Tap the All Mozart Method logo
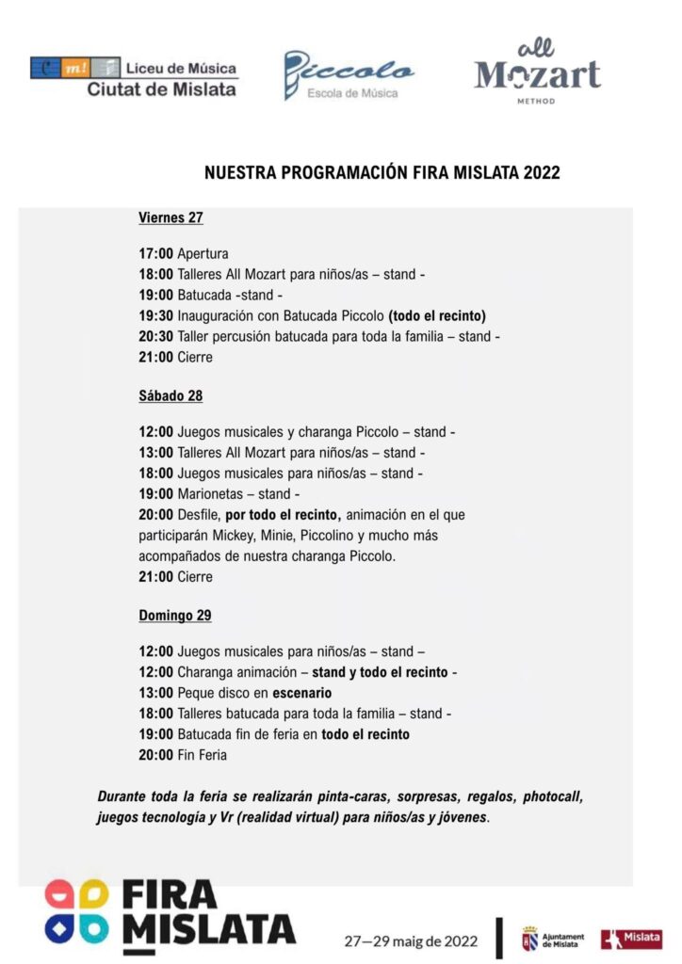point(537,72)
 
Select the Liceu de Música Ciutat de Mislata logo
point(134,76)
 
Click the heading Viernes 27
point(170,217)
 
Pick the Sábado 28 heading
point(170,395)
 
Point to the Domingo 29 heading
point(174,616)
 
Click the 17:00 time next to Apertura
point(155,254)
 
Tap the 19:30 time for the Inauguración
point(155,316)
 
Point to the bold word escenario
point(302,693)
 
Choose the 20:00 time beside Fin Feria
point(155,755)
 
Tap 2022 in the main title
point(540,173)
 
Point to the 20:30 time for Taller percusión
point(155,337)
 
